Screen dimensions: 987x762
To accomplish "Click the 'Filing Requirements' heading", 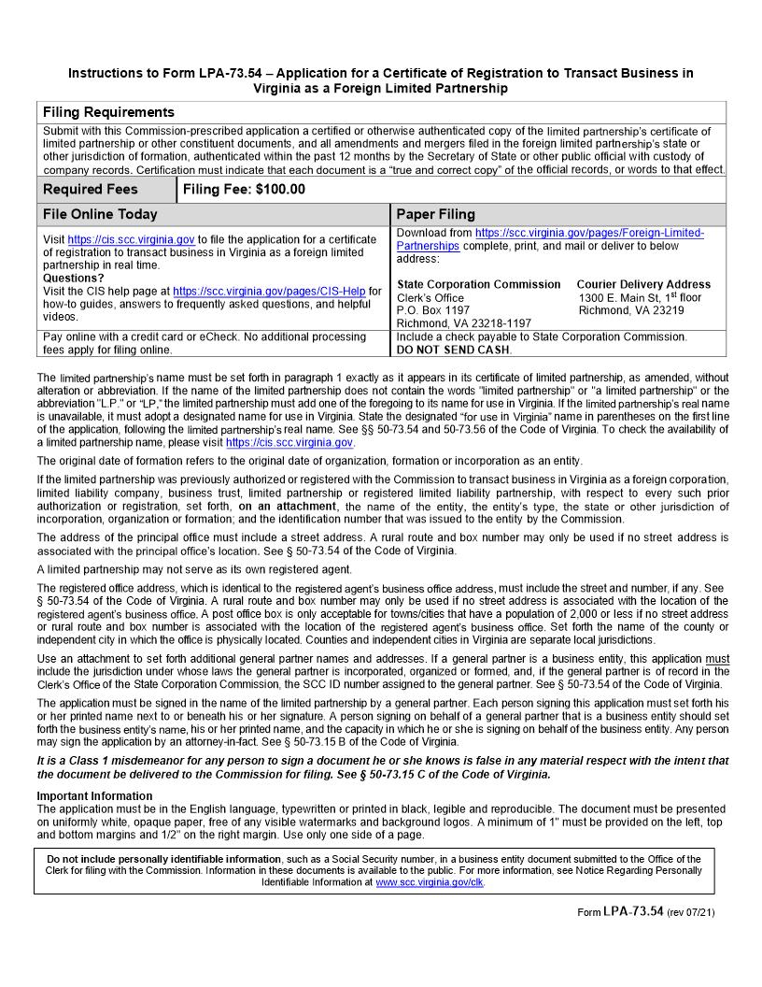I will (x=108, y=112).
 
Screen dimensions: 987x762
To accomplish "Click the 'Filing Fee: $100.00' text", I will (x=244, y=189).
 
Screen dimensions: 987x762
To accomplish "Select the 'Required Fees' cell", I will (x=91, y=189).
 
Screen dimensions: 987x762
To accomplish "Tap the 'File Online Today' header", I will (x=100, y=214).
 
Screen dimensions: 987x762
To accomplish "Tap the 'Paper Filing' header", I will (x=436, y=214).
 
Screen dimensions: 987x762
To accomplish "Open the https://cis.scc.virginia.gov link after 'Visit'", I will (x=131, y=240).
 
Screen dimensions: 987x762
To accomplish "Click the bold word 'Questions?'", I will (x=74, y=279).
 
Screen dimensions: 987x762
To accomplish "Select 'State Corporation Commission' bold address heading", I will (x=479, y=284).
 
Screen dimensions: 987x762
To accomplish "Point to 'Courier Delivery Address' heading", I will (x=643, y=284).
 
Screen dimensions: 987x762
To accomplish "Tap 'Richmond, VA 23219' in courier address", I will (x=630, y=310).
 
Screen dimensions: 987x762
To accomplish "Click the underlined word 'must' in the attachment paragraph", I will (x=717, y=659).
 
